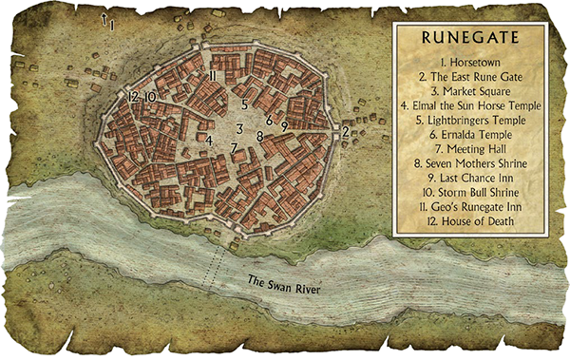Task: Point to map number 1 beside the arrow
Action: click(112, 25)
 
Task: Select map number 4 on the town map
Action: click(209, 142)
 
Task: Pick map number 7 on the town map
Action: click(234, 148)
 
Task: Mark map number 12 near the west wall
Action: click(133, 97)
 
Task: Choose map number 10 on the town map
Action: click(150, 97)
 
